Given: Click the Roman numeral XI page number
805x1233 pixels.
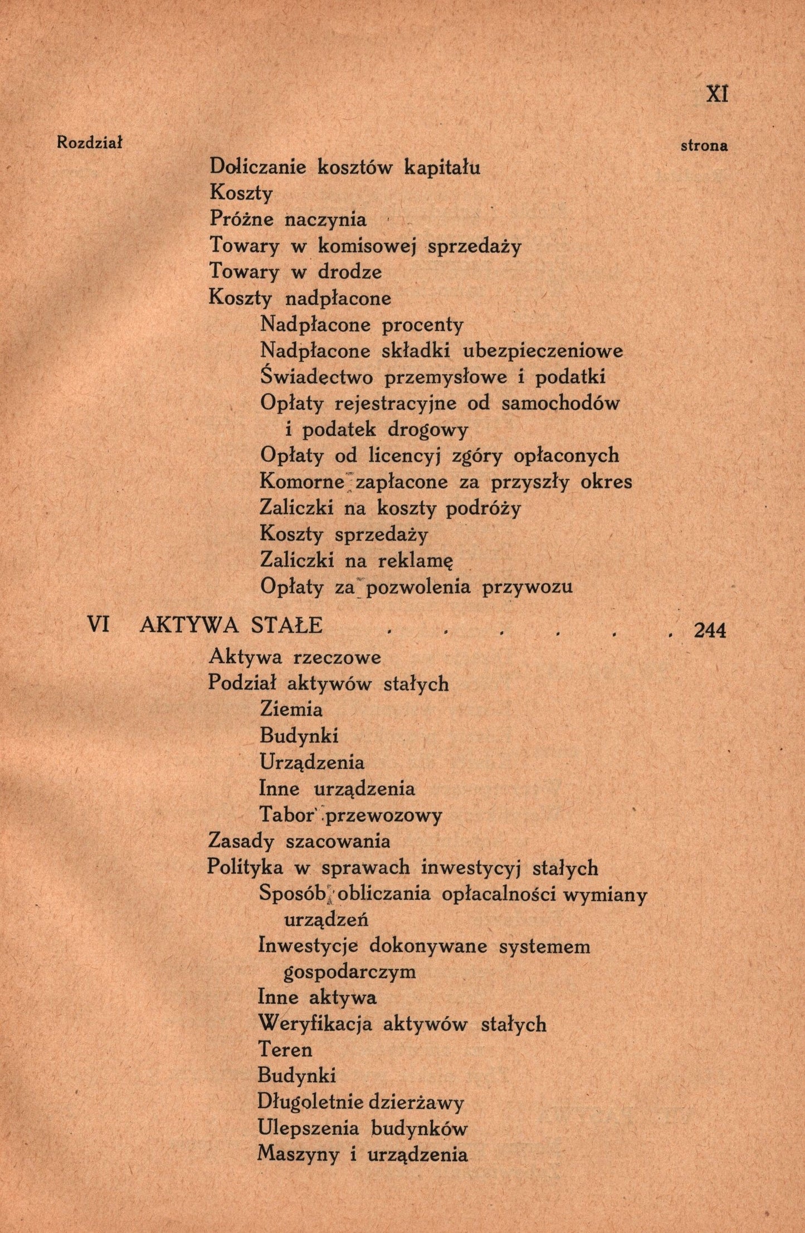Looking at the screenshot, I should coord(716,94).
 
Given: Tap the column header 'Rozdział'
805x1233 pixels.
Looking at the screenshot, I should coord(89,143).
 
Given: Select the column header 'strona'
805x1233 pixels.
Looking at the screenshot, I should coord(704,146).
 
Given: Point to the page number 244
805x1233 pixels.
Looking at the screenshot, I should coord(709,630).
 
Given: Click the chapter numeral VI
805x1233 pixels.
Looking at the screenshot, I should coord(98,625).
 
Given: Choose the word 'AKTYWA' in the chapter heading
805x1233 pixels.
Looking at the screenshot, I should coord(189,625).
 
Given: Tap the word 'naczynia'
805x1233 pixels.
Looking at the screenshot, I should coord(325,220).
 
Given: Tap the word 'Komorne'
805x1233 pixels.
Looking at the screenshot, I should coord(302,481).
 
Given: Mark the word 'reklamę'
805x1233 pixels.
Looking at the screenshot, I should coord(416,561).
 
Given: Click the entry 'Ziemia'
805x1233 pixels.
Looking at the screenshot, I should coord(291,710).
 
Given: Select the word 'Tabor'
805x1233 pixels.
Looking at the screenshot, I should coord(285,815).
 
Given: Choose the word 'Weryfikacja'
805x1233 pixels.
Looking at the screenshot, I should coord(315,1024).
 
